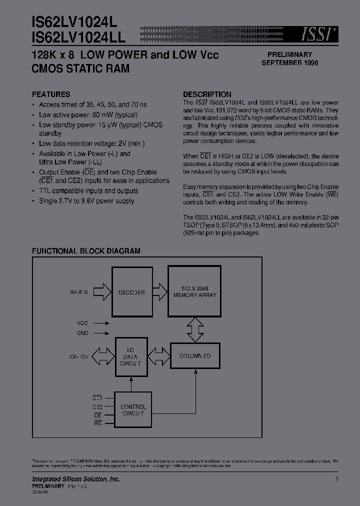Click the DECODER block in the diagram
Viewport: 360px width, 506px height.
click(x=131, y=292)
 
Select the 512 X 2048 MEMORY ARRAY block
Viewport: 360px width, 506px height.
click(x=195, y=291)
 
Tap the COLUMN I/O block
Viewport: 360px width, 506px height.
click(x=195, y=355)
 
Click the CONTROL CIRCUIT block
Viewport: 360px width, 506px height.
click(x=133, y=410)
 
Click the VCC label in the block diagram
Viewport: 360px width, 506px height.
click(x=82, y=323)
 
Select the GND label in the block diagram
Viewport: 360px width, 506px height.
click(x=82, y=333)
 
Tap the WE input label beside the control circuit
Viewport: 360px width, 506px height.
click(x=97, y=423)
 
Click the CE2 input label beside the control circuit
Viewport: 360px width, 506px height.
click(x=97, y=407)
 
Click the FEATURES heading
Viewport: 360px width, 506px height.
click(x=51, y=94)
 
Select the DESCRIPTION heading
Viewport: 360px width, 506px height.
click(x=207, y=94)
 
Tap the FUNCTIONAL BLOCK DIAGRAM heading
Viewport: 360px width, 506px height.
click(x=86, y=251)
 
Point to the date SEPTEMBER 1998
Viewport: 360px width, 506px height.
click(x=290, y=63)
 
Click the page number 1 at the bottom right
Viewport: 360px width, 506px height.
click(x=337, y=479)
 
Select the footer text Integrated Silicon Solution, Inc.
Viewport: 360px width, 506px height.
click(x=76, y=479)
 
